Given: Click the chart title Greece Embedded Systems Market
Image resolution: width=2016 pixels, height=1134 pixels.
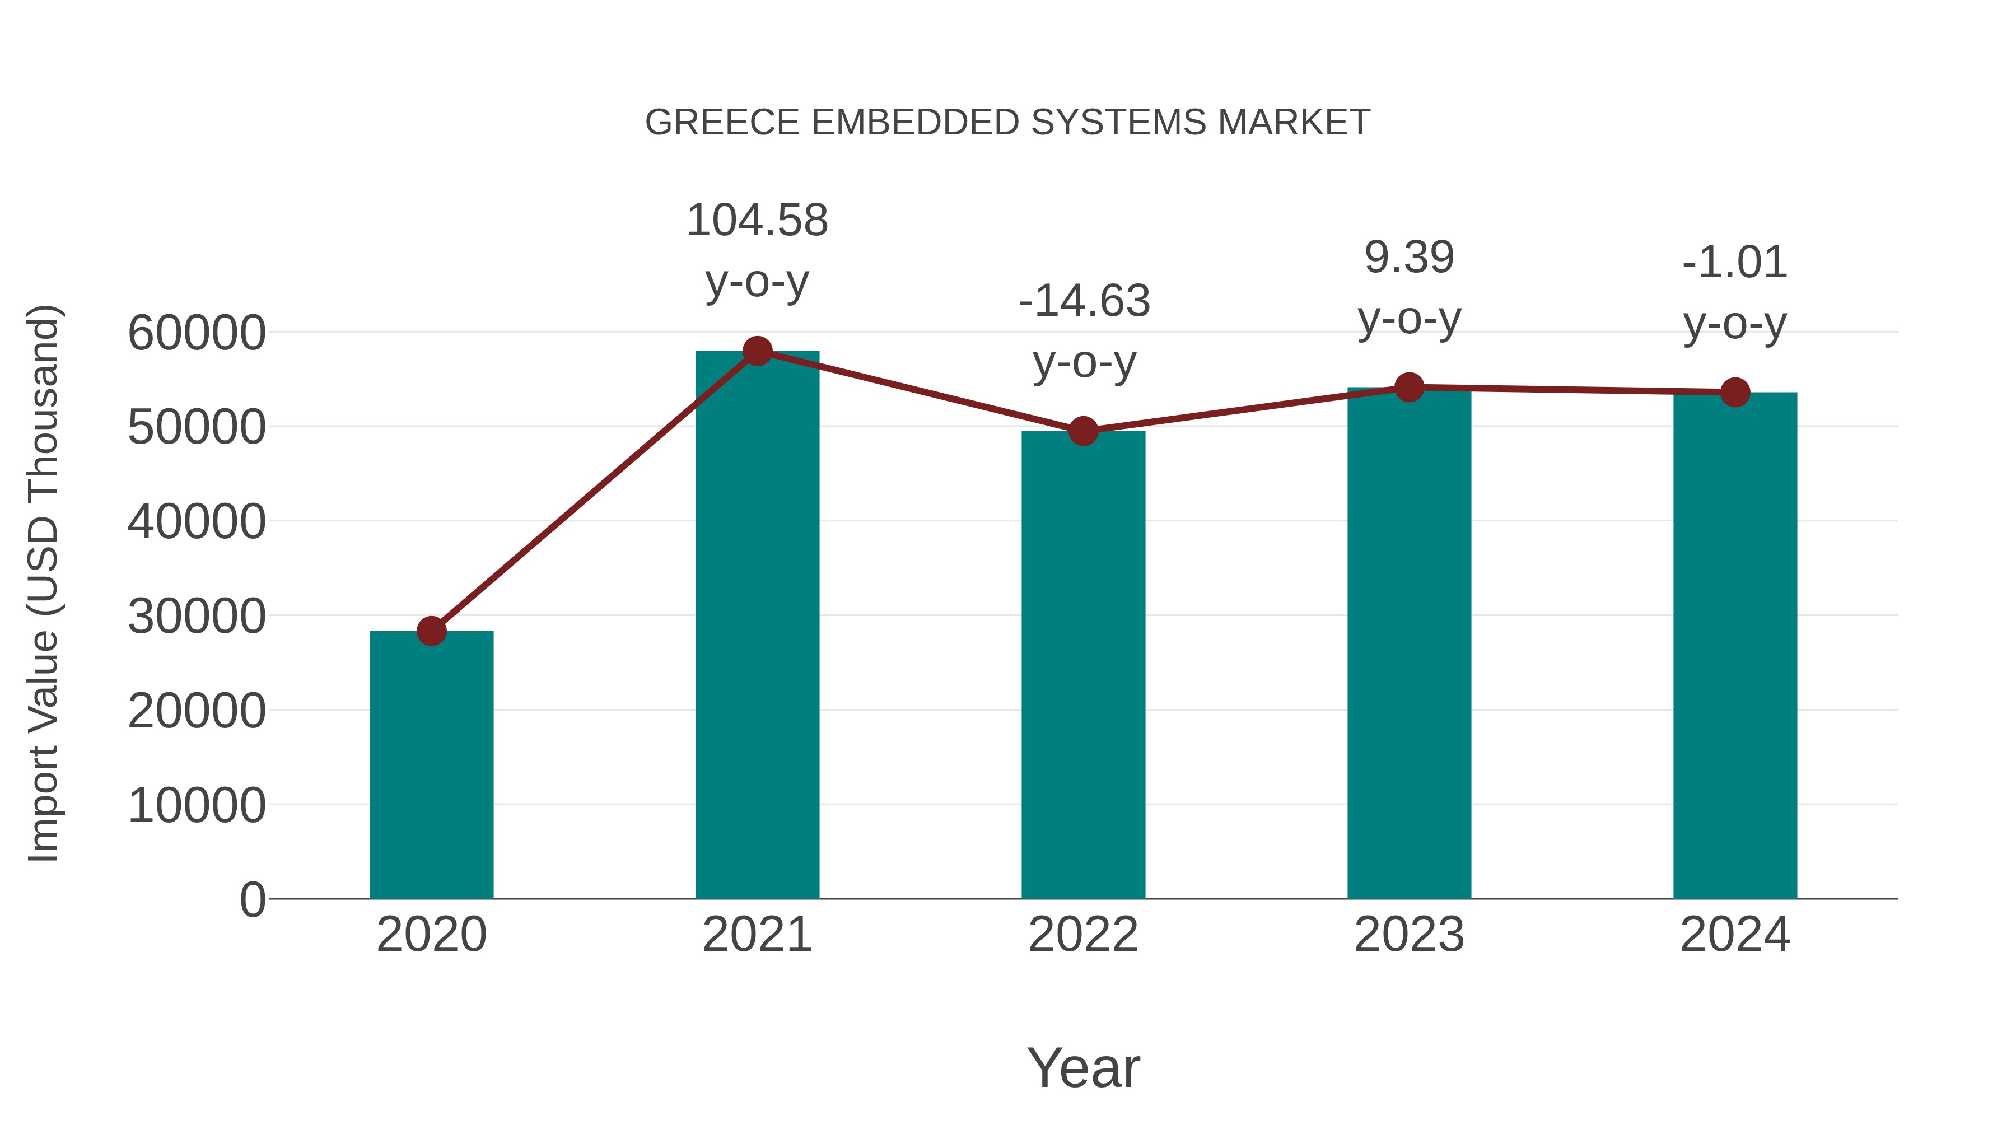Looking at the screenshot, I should coord(1007,123).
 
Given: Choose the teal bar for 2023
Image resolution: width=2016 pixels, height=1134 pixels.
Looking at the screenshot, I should coord(1409,642).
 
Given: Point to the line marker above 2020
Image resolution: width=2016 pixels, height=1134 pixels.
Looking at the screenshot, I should coord(431,631).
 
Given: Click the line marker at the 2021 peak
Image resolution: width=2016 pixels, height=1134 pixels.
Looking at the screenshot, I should coord(757,351).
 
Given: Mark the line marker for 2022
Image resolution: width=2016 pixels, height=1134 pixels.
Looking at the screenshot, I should coord(1083,431).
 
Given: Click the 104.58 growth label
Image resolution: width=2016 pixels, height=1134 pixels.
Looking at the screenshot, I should coord(757,221).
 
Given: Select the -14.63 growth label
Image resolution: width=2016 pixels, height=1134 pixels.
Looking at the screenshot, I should coord(1084,301).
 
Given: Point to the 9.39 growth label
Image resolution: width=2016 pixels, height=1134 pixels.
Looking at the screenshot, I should coord(1409,258).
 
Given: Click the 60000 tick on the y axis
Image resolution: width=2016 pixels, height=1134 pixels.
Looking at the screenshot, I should coord(197,333).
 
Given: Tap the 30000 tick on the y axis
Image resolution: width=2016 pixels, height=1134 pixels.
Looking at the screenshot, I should coord(197,616).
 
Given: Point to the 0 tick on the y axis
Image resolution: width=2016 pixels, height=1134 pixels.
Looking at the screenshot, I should coord(252,899).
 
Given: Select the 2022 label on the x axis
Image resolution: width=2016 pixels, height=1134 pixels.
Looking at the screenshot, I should coord(1083,935).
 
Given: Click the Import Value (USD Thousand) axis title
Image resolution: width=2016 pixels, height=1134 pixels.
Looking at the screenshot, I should coord(44,583).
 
